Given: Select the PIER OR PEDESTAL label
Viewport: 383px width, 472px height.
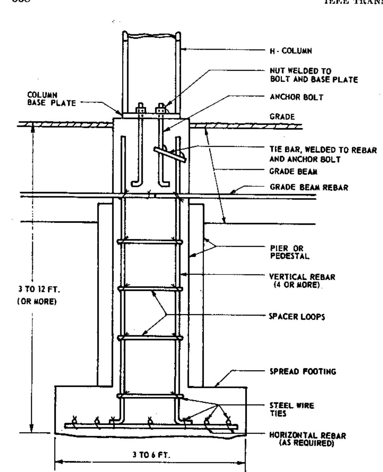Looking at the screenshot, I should (284, 252).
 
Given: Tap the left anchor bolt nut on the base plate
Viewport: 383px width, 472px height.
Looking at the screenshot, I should (140, 108).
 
